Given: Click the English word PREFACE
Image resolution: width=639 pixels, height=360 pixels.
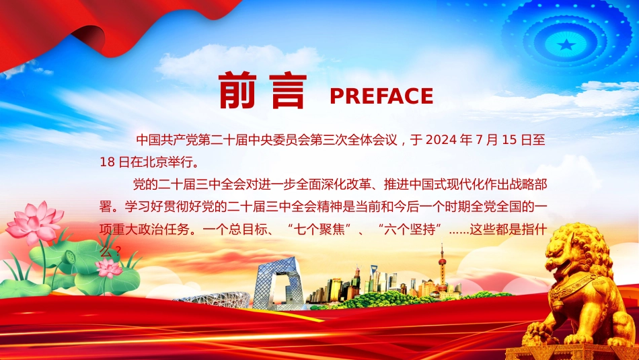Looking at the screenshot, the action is click(381, 96).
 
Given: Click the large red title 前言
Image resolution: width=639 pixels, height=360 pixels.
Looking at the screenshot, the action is click(262, 91).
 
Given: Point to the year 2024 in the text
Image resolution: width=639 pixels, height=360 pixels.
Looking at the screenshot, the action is click(441, 140).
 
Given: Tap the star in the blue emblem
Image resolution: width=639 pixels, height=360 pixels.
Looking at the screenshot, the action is click(566, 44).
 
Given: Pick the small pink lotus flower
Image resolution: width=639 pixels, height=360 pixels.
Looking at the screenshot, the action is click(108, 267).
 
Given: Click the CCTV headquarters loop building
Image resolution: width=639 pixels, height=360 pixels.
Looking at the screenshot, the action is click(278, 284).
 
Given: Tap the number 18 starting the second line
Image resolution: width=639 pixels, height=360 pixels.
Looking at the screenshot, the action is click(107, 162).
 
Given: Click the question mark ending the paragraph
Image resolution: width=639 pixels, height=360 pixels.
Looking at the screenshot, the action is click(118, 252).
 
